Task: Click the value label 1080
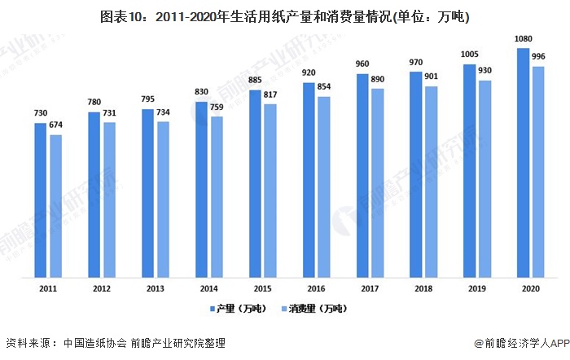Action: [524, 40]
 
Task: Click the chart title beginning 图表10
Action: [284, 15]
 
